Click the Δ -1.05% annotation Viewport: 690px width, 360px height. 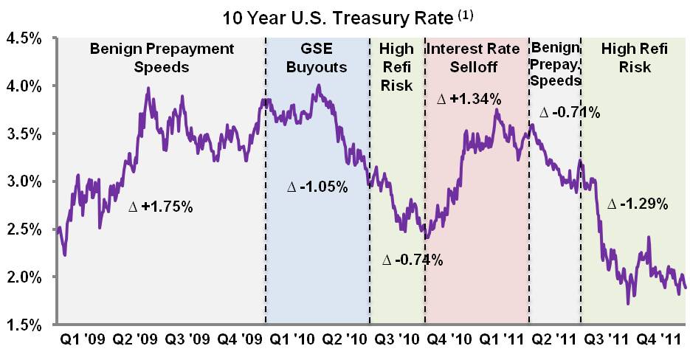[x=317, y=187]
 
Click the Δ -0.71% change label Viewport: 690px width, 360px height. [x=569, y=113]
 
